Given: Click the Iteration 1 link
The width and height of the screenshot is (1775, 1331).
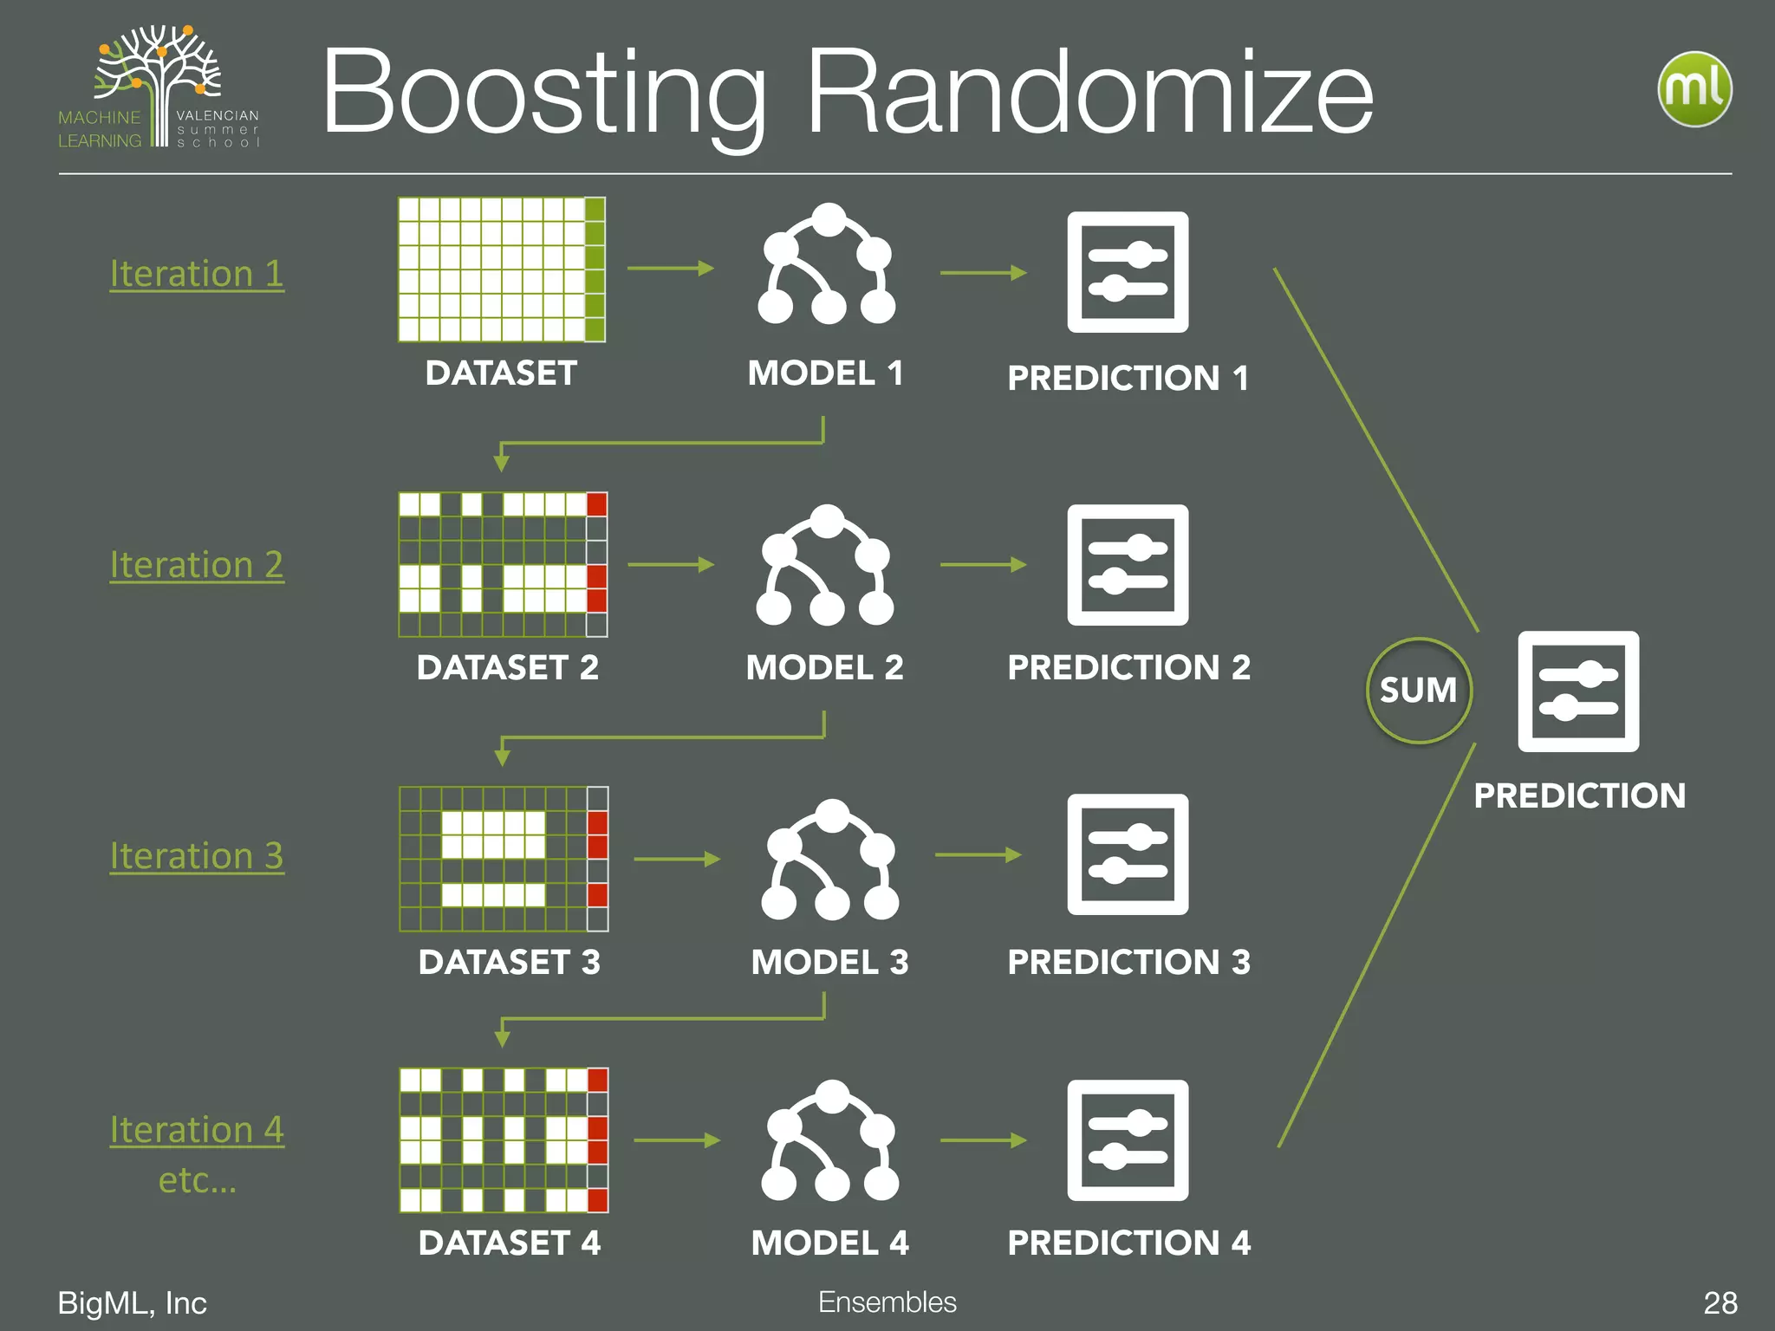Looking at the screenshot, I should pos(197,274).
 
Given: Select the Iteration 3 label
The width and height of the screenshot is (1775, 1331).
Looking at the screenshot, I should pos(197,856).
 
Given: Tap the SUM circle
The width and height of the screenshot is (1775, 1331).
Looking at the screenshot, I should pos(1418,691).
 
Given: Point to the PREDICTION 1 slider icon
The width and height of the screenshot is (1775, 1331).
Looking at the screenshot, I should pos(1128,272).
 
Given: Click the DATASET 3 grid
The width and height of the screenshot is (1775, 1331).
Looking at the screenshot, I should pos(504,859).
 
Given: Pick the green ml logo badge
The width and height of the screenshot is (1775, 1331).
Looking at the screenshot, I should pos(1694,89).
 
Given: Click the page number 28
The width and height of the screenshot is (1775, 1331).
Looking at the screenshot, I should pos(1720,1302).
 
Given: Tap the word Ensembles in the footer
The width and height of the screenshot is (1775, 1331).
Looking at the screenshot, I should pos(887,1302).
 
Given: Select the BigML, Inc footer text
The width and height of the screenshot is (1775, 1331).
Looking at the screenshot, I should pos(132,1302).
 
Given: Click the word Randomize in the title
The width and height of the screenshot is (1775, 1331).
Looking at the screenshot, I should pos(1089,92).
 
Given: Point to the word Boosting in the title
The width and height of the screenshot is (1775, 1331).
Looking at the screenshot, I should pos(544,94).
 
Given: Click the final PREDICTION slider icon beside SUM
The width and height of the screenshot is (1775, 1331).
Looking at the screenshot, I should pos(1578,691).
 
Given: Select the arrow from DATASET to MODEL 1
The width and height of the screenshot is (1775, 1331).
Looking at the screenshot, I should pos(670,269).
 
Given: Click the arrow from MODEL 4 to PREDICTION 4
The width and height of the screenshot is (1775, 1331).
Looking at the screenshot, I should pos(983,1140).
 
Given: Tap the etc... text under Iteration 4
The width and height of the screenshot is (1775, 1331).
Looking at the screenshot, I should pos(197,1179).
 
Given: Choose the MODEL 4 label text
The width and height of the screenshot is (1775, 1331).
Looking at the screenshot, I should pos(829,1243).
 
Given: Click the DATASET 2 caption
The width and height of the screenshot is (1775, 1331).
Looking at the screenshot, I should pos(507,667).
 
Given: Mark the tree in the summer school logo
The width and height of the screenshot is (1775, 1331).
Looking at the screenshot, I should pos(159,78).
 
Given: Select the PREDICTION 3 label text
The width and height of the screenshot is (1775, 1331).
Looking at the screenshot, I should pos(1128,962).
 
